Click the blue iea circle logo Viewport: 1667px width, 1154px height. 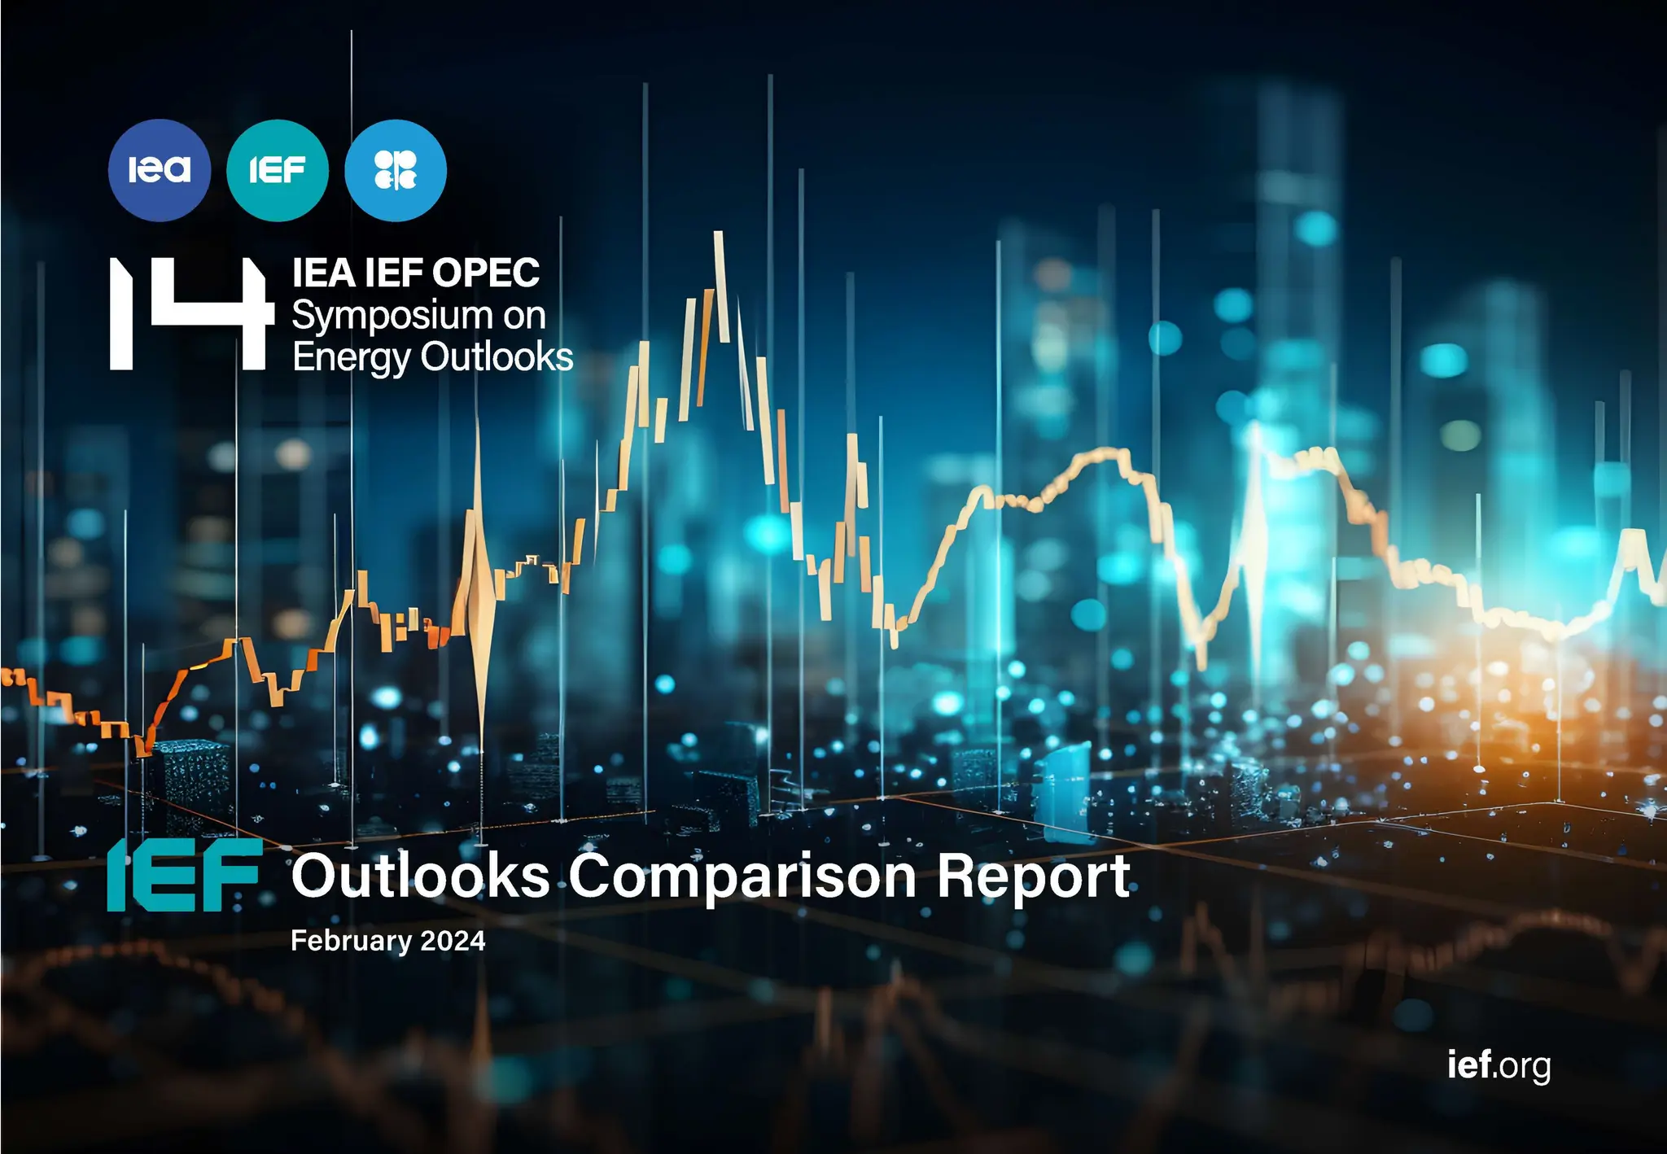[x=159, y=170]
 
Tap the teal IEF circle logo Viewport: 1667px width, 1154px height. [x=277, y=170]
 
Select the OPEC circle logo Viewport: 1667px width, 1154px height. [x=396, y=170]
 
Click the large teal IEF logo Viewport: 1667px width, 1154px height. [x=184, y=876]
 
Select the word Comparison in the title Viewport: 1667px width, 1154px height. [x=742, y=877]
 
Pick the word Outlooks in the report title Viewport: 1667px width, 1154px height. [x=421, y=876]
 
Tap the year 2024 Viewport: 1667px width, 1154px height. [x=453, y=941]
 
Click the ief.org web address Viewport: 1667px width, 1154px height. [x=1499, y=1064]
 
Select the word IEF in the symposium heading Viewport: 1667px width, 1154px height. [x=394, y=273]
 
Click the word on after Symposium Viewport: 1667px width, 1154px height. [x=524, y=316]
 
